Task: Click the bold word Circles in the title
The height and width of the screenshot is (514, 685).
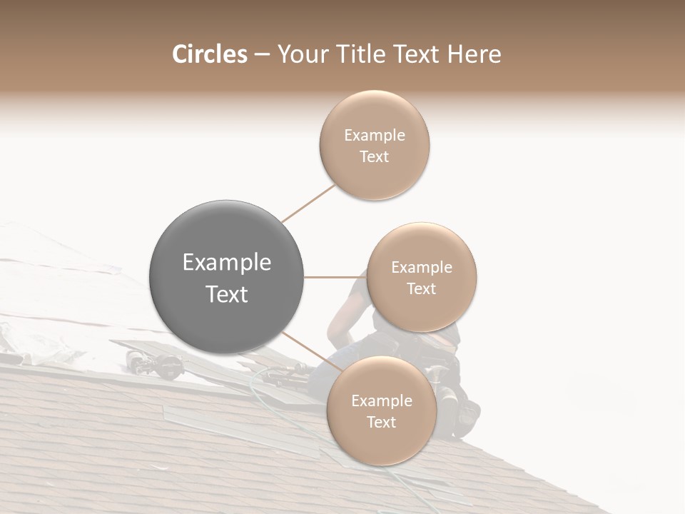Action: click(209, 54)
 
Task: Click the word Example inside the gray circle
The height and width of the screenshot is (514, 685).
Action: click(227, 263)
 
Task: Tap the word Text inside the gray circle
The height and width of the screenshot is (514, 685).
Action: click(227, 294)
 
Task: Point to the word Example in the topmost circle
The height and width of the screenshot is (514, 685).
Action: click(374, 136)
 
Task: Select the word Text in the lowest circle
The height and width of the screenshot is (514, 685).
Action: click(381, 422)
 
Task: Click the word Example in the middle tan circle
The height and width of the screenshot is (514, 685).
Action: click(422, 268)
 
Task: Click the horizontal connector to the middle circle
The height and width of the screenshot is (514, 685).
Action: click(335, 277)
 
